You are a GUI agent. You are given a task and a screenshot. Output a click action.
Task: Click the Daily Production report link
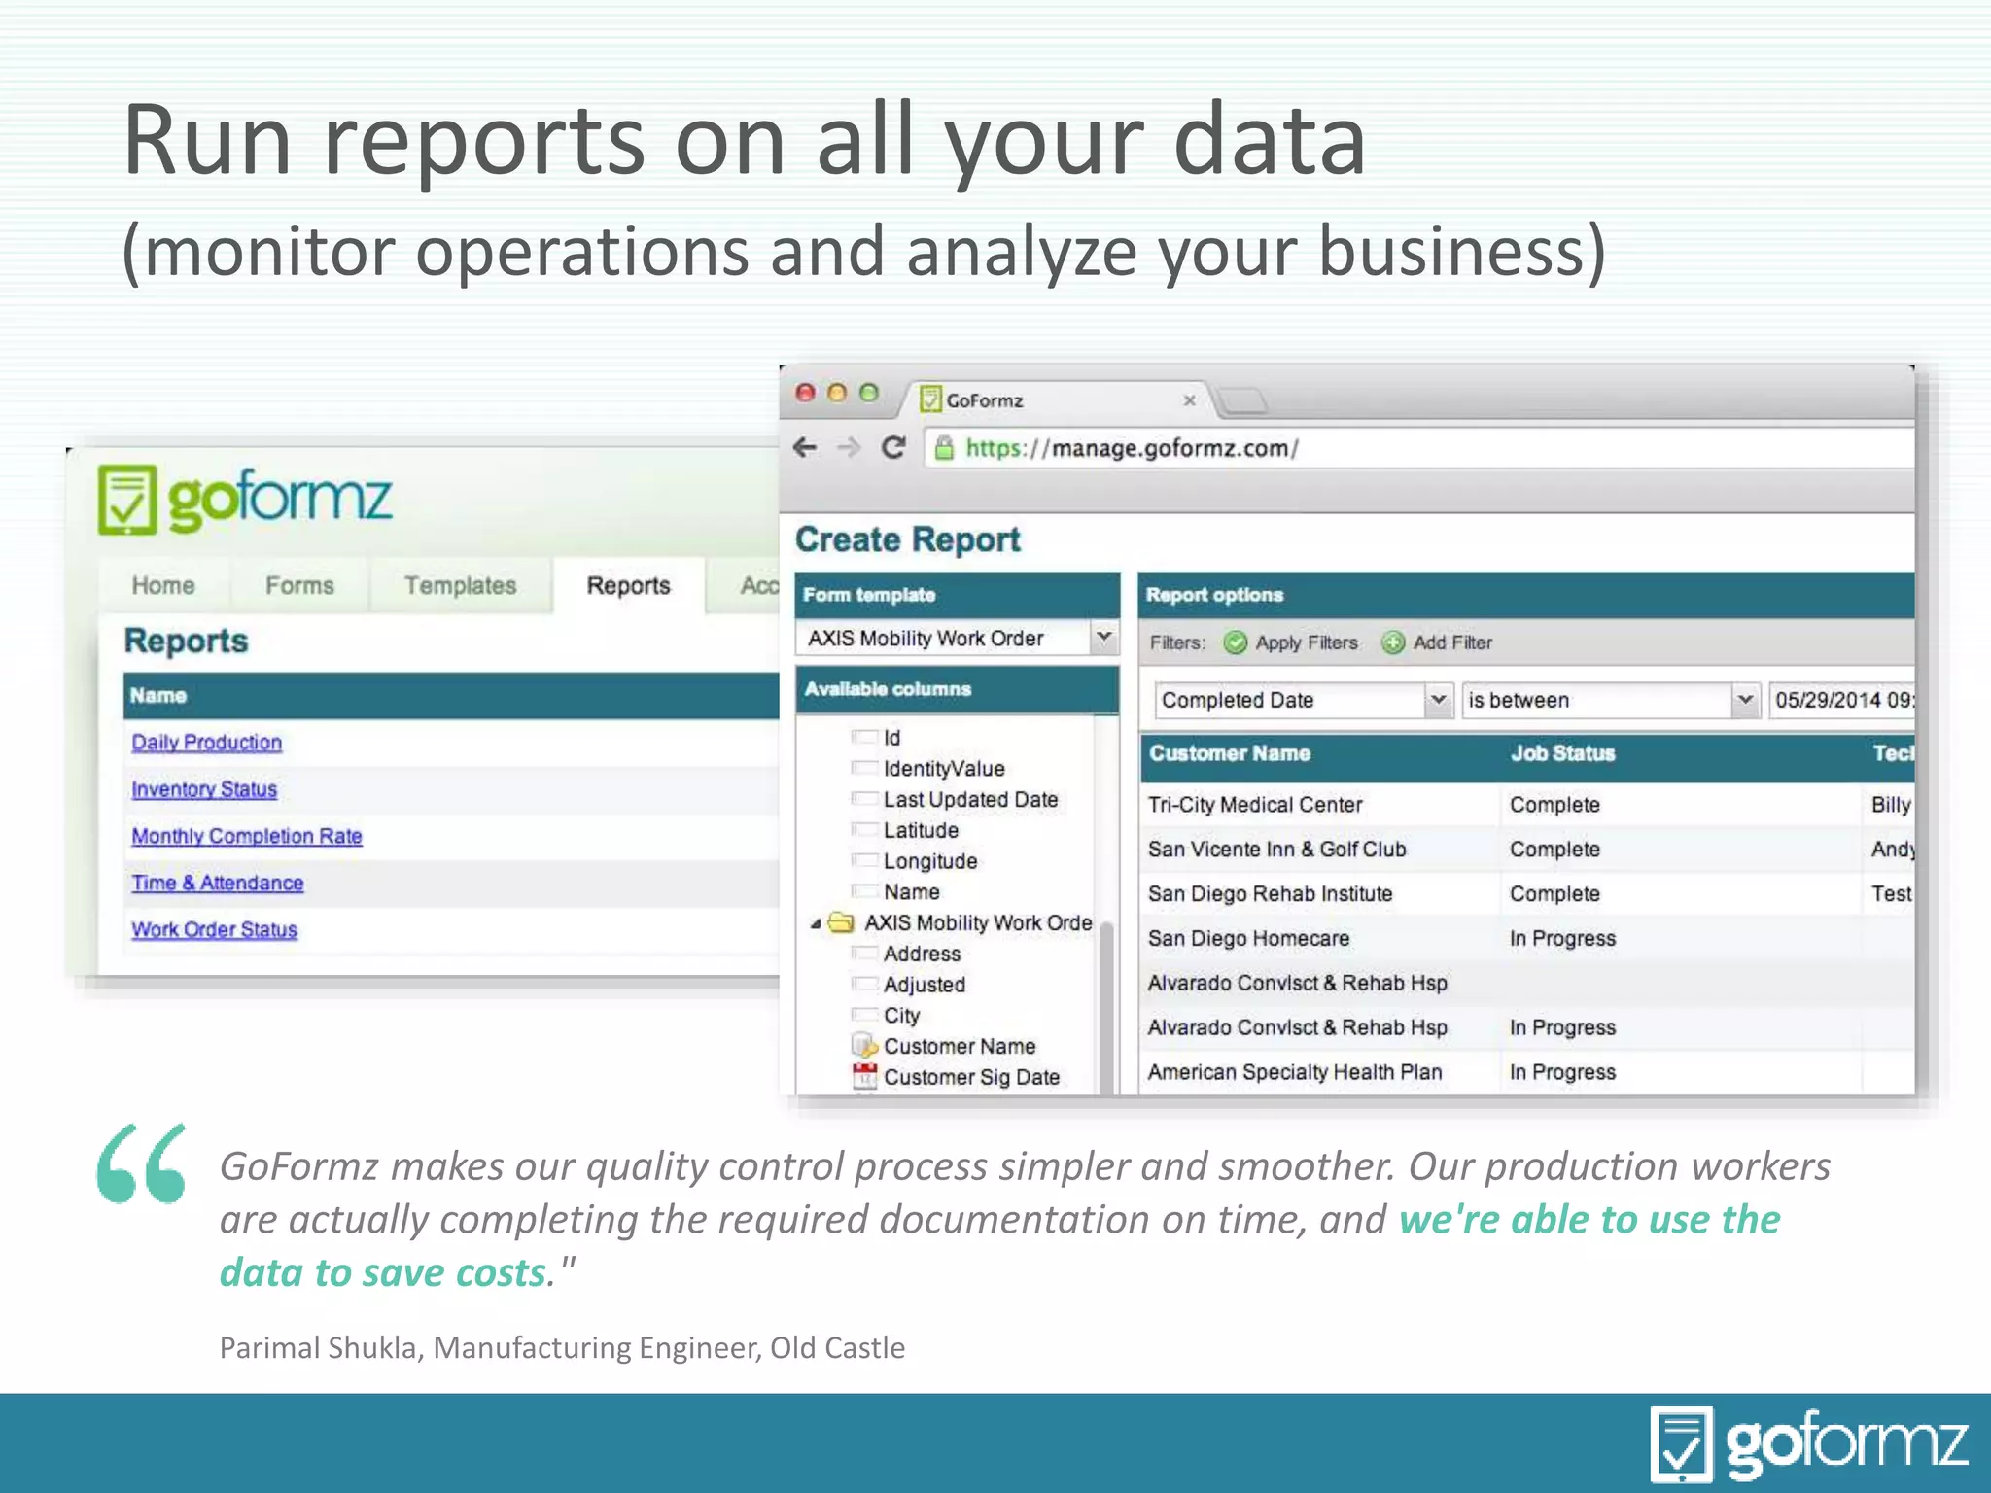pos(206,743)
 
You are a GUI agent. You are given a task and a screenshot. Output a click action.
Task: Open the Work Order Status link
pos(214,930)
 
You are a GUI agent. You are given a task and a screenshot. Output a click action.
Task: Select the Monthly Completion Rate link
pos(246,836)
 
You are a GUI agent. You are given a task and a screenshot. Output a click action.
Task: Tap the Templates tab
pos(460,586)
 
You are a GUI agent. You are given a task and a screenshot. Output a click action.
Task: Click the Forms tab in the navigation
pos(299,586)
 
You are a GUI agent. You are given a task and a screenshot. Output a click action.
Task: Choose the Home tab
pos(163,586)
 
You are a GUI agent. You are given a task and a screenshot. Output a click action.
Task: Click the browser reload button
pos(892,448)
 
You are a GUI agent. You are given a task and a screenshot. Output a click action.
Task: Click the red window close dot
pos(805,393)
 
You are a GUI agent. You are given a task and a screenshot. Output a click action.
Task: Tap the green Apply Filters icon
pos(1235,643)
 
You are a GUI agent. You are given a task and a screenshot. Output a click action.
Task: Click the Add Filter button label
pos(1451,643)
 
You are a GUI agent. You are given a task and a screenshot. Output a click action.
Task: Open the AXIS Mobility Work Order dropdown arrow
pos(1104,638)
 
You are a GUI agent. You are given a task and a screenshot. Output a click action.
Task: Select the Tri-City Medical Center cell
pos(1254,805)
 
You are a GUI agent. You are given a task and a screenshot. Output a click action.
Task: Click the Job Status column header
pos(1562,753)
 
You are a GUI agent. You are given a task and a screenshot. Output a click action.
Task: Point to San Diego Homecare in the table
pos(1248,939)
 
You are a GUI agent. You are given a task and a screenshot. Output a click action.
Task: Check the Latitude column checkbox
pos(863,830)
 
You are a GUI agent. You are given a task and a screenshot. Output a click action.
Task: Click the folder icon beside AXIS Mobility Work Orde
pos(841,922)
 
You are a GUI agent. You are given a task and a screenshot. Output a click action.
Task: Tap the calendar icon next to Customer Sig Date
pos(863,1076)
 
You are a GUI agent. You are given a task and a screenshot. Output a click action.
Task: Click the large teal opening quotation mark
pos(141,1163)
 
